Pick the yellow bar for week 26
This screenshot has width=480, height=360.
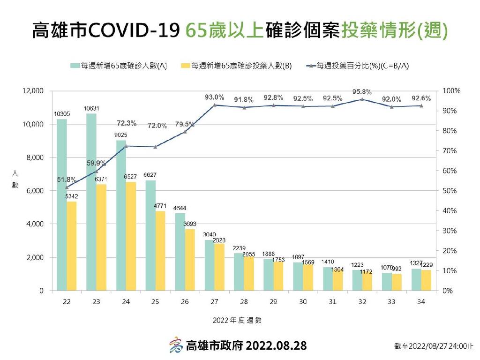189,260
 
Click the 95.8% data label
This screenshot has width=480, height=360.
362,91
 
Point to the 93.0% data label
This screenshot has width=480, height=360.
214,97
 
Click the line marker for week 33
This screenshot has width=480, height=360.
391,107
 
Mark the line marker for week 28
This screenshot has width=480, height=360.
244,107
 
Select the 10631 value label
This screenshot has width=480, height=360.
91,109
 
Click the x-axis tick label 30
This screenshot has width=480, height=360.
303,302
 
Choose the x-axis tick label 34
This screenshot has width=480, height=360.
421,302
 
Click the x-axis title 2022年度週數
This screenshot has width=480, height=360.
237,321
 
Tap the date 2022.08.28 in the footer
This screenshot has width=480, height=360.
277,346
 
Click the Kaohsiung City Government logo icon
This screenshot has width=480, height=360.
176,345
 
